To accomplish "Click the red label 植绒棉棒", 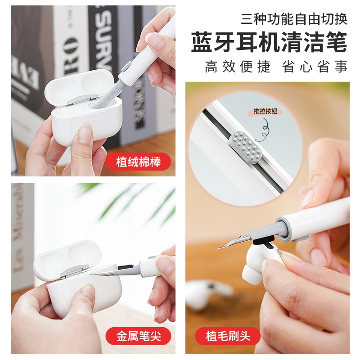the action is [138, 162].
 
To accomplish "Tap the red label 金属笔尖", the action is [138, 336].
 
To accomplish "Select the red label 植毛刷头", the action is [228, 336].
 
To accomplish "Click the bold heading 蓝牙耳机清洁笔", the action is [269, 42].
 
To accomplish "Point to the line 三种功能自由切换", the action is [294, 19].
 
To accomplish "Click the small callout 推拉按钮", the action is [265, 111].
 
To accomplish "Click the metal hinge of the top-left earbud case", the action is [83, 99].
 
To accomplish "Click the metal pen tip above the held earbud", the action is [234, 242].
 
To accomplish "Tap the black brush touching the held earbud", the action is [264, 240].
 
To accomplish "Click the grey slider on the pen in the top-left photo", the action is [126, 67].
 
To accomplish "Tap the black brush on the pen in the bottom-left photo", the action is [125, 266].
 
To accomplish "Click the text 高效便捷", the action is [238, 67].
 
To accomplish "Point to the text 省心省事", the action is [315, 67].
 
